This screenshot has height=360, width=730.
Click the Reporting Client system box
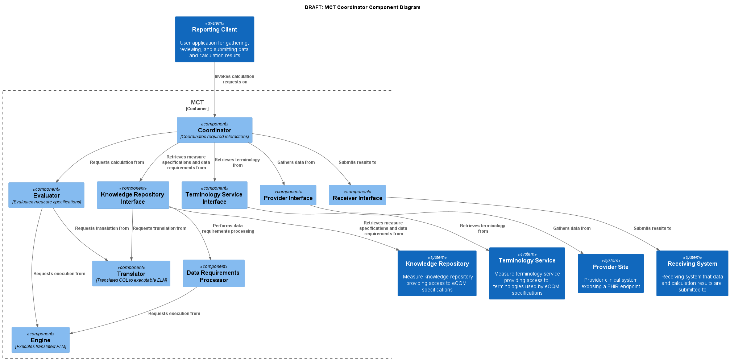(x=214, y=39)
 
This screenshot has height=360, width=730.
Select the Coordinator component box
(x=214, y=130)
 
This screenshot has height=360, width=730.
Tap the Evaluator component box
(x=46, y=195)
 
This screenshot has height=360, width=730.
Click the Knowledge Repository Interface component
(x=133, y=195)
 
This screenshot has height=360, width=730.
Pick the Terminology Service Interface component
(x=214, y=195)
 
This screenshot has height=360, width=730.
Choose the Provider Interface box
(x=288, y=195)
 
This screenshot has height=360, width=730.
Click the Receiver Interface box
(x=357, y=195)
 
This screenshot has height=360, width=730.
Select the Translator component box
(x=131, y=273)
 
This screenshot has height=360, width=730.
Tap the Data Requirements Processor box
(x=213, y=273)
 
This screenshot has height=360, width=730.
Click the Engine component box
(x=41, y=340)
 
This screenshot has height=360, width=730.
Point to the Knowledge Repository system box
(x=437, y=273)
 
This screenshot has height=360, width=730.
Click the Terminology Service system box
(x=527, y=273)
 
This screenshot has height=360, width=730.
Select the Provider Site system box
(x=610, y=273)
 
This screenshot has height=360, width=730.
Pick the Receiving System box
(x=692, y=273)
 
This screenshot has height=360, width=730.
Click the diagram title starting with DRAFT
(x=362, y=7)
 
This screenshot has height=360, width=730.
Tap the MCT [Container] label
(x=197, y=105)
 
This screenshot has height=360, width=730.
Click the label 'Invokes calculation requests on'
(x=235, y=79)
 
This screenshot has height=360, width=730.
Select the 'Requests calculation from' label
(x=117, y=162)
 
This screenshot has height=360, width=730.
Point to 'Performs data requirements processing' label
(x=228, y=228)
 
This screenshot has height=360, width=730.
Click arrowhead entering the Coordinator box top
(x=215, y=115)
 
